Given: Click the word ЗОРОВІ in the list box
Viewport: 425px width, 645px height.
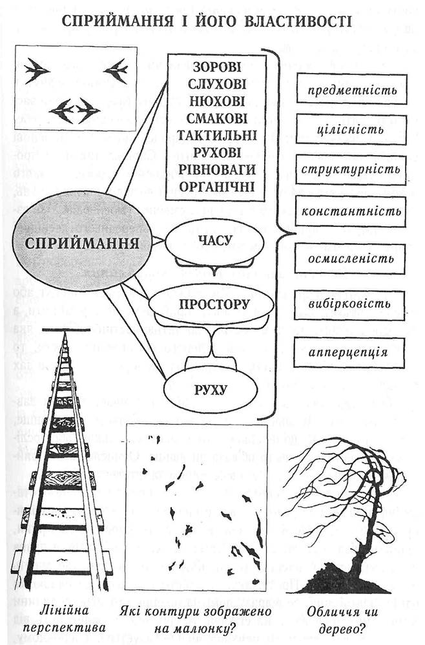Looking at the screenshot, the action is pyautogui.click(x=216, y=67).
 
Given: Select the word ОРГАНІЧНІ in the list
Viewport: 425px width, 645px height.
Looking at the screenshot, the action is pyautogui.click(x=216, y=186).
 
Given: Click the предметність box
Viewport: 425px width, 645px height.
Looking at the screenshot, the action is pyautogui.click(x=351, y=90).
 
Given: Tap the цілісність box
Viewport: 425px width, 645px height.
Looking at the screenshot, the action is pyautogui.click(x=351, y=129).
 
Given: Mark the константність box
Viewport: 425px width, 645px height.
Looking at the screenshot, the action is pyautogui.click(x=351, y=211).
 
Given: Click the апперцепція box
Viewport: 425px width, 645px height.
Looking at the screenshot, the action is pyautogui.click(x=351, y=352).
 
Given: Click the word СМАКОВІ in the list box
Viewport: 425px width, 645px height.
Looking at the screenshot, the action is pyautogui.click(x=216, y=118).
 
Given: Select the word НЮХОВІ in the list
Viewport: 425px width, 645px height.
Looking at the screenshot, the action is pyautogui.click(x=216, y=101).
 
